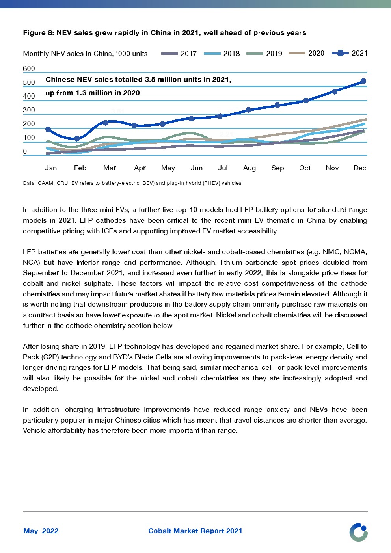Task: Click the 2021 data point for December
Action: click(363, 81)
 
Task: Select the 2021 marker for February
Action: click(77, 138)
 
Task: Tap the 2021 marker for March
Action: click(105, 123)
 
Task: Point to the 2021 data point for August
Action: click(249, 110)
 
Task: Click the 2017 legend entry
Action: click(179, 54)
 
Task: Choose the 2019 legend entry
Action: click(264, 54)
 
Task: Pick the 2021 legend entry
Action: click(350, 53)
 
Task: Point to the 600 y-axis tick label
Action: click(29, 69)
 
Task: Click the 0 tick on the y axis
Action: click(25, 151)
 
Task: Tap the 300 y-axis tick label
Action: click(29, 110)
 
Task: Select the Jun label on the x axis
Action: click(197, 168)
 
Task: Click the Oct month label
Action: click(305, 168)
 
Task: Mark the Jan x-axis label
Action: click(51, 168)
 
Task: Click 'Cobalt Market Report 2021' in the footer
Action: click(195, 531)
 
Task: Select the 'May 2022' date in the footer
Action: click(41, 531)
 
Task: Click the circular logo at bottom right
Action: click(358, 532)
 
